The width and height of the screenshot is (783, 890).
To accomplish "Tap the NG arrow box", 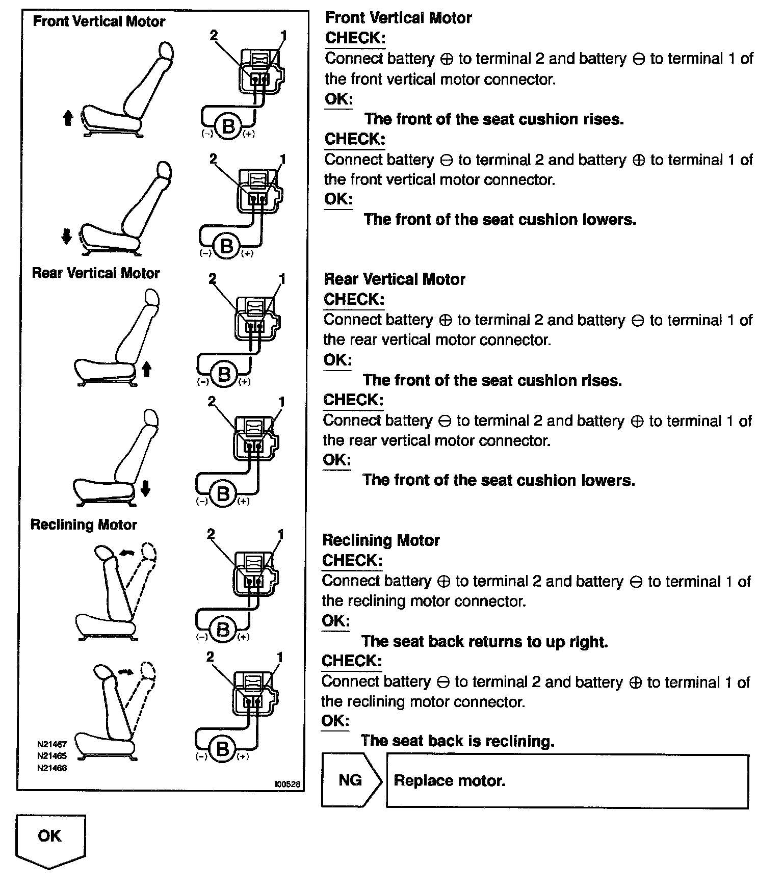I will [351, 780].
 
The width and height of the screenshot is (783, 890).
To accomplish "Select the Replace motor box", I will [567, 781].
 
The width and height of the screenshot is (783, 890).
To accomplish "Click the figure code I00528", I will [288, 784].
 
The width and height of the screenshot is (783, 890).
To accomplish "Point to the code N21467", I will [52, 744].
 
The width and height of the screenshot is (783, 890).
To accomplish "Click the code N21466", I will [52, 768].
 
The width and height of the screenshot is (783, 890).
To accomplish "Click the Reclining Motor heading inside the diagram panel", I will [84, 525].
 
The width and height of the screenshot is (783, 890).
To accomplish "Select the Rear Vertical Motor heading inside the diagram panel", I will [96, 273].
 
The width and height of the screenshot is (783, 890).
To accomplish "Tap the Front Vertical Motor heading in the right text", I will [398, 18].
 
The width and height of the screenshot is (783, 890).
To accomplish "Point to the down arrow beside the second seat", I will [66, 237].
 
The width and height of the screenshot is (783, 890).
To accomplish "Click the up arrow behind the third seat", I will [146, 369].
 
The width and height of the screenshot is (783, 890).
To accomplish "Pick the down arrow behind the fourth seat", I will [145, 489].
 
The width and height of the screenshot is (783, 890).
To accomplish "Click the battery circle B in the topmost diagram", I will [228, 126].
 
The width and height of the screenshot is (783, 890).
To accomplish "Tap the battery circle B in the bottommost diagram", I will [222, 749].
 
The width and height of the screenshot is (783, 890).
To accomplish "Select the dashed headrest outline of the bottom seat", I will [147, 672].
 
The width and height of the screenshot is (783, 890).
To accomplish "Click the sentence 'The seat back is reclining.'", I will [457, 741].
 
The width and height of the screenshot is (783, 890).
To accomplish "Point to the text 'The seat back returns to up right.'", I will [484, 641].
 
